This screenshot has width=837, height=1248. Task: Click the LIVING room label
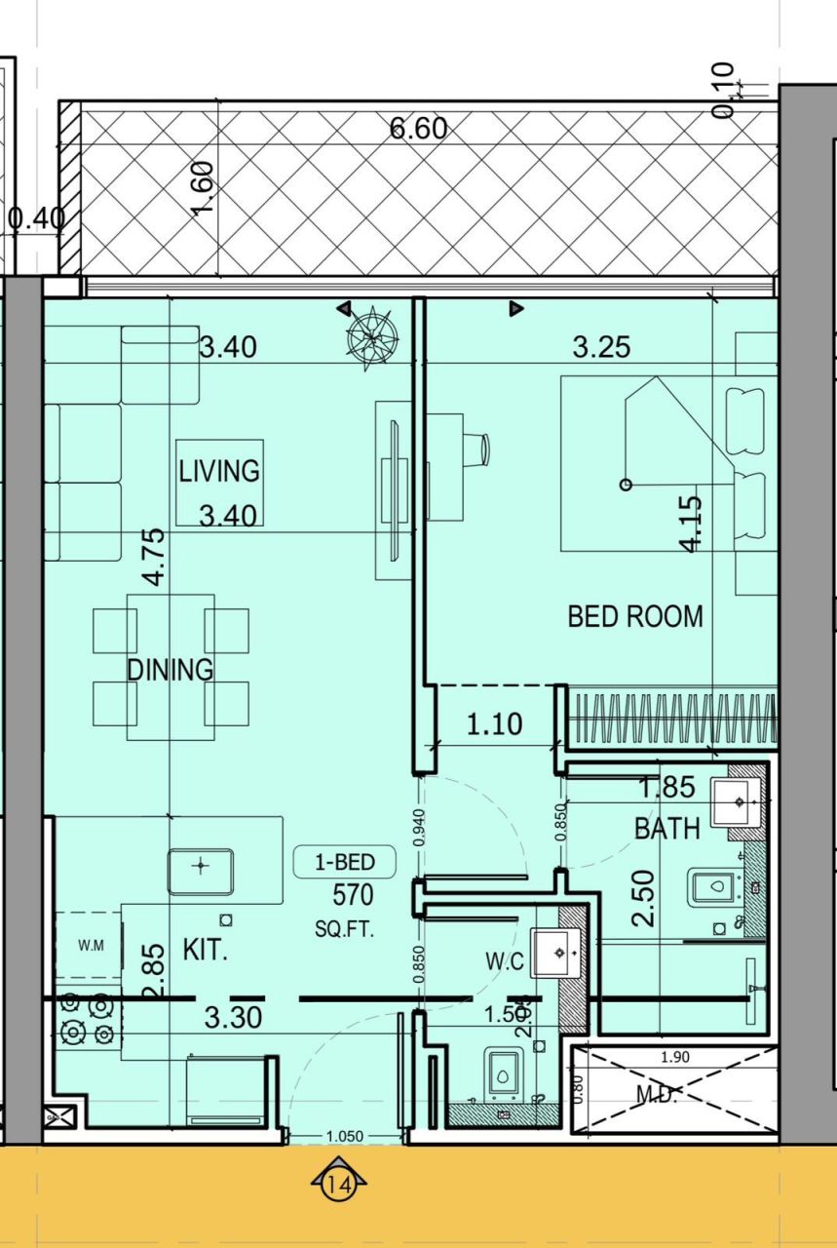click(219, 471)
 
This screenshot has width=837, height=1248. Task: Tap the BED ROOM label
click(635, 616)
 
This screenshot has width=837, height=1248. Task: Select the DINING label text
click(171, 670)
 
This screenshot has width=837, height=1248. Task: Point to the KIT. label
click(205, 951)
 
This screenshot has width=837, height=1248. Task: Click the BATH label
click(667, 829)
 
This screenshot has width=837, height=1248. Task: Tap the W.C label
click(505, 962)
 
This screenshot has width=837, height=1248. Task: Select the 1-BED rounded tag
click(346, 862)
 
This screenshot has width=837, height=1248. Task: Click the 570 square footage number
click(353, 894)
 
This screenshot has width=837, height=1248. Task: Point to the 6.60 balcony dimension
click(418, 129)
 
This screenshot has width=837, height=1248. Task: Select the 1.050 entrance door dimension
click(345, 1136)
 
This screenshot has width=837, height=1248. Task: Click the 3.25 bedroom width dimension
click(601, 347)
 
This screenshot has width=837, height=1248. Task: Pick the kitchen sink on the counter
click(200, 871)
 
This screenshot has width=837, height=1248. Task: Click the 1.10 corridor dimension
click(494, 724)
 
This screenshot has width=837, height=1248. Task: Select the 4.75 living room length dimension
click(153, 557)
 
